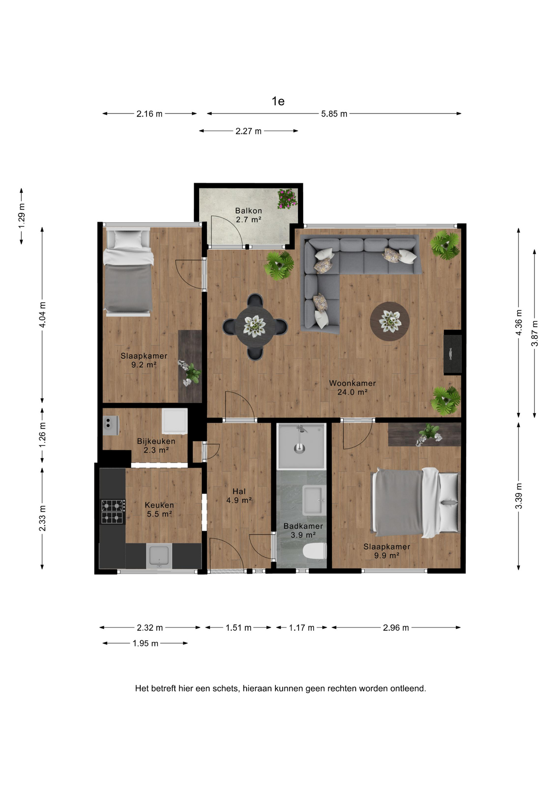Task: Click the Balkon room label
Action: [x=249, y=215]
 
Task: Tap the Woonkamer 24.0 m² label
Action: [x=353, y=388]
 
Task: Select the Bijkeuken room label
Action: [x=156, y=445]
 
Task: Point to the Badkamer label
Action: [x=303, y=531]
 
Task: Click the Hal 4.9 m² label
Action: [x=239, y=496]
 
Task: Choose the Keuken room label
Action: [x=159, y=509]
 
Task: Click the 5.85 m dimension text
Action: [x=334, y=114]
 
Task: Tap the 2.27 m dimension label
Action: [x=249, y=131]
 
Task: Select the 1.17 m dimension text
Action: [x=302, y=628]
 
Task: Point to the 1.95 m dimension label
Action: [x=145, y=643]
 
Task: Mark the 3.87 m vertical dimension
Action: [x=535, y=333]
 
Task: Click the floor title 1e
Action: [x=278, y=101]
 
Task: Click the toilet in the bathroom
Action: [x=315, y=551]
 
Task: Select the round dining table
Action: [x=255, y=327]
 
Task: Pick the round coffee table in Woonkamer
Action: [x=390, y=321]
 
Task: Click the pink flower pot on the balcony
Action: [x=287, y=199]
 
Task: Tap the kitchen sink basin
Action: [x=159, y=556]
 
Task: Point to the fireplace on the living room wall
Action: [x=453, y=352]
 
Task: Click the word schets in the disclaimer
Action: [x=226, y=689]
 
